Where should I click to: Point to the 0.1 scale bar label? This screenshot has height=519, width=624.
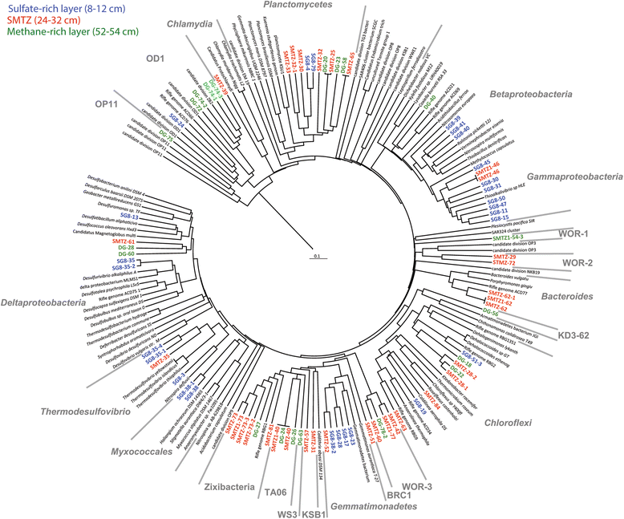coord(318,257)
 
